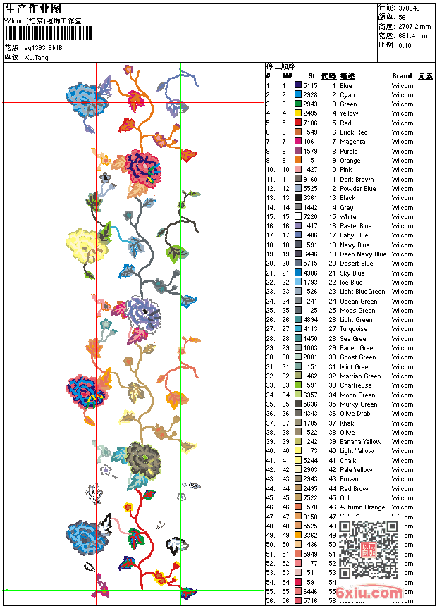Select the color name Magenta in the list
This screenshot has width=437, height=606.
tap(352, 142)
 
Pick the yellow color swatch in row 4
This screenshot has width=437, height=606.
tap(298, 113)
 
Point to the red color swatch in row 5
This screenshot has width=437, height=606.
tap(298, 123)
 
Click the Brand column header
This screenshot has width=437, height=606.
tap(402, 76)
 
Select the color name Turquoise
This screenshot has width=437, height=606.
tap(353, 329)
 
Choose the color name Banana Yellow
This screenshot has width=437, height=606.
tap(360, 442)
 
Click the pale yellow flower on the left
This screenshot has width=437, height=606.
tap(87, 245)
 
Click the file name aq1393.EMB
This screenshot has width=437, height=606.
tap(43, 47)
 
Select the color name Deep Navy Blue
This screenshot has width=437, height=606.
tap(363, 254)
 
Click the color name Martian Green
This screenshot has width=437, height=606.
tap(360, 376)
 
